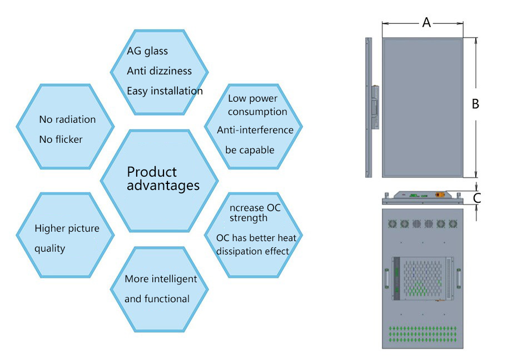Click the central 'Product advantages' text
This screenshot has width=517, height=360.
[x=163, y=178]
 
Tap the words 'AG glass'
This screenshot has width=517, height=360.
[x=147, y=51]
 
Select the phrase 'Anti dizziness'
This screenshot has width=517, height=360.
[x=159, y=71]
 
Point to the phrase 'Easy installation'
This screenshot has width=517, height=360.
[x=165, y=91]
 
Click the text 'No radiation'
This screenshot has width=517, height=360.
[x=67, y=119]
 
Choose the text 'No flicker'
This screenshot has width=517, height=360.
[x=61, y=139]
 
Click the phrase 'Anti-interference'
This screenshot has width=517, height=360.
[x=255, y=130]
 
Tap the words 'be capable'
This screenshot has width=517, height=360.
[x=250, y=150]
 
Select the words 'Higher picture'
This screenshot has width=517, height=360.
[x=67, y=228]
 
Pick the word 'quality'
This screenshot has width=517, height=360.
[x=50, y=248]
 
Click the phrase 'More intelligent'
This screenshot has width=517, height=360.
[x=161, y=279]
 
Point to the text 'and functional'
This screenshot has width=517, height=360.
[x=157, y=299]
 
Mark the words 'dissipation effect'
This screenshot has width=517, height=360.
[x=252, y=251]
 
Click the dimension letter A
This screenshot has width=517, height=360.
[x=426, y=22]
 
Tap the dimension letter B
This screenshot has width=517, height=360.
[x=475, y=103]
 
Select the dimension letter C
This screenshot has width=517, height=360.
[x=476, y=197]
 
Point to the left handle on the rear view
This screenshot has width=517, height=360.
[x=386, y=276]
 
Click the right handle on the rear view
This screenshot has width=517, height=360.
[x=459, y=276]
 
